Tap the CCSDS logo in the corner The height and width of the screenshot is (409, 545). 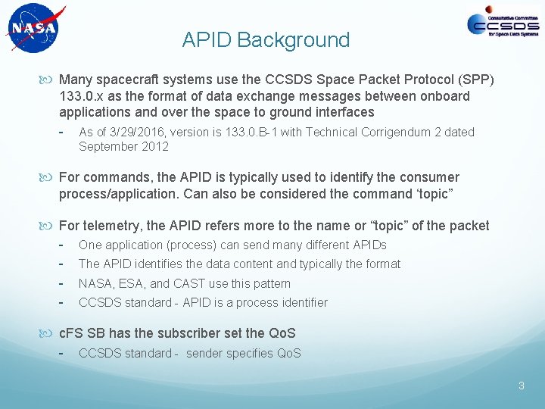coord(503,26)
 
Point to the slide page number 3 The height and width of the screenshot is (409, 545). coord(522,386)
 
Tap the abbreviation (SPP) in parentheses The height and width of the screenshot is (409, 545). coord(476,80)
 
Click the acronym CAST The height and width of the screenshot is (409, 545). coord(192,283)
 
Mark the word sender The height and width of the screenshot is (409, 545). coord(207,353)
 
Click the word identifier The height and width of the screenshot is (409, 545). coord(301,302)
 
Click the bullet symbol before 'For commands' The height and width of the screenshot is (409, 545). coord(50,177)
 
